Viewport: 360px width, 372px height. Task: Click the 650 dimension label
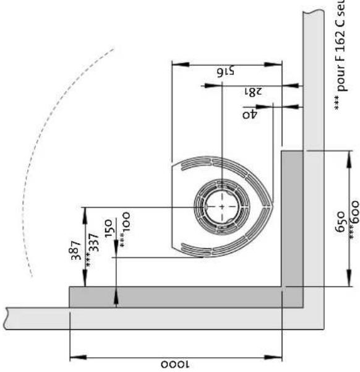339,217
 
